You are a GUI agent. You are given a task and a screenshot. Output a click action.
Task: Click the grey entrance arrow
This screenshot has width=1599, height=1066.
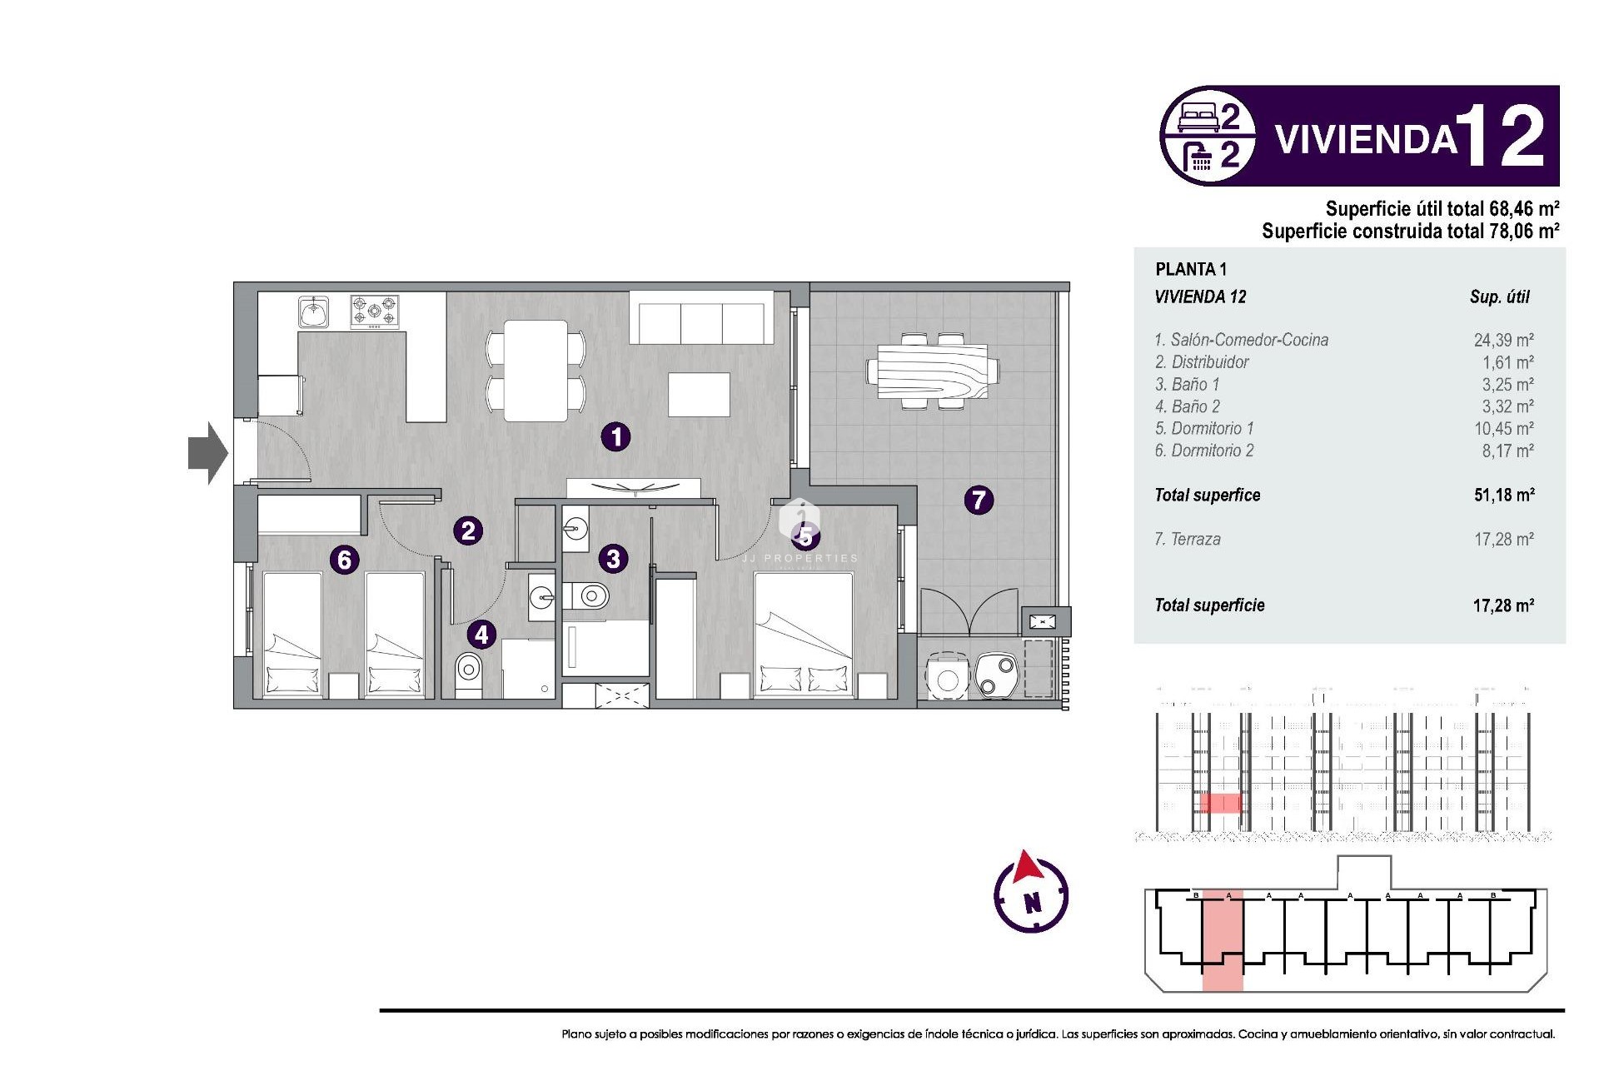click(207, 453)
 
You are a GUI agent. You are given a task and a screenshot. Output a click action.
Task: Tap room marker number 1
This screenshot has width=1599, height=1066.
click(615, 436)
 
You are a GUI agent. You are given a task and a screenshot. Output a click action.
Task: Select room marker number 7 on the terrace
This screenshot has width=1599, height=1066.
click(979, 500)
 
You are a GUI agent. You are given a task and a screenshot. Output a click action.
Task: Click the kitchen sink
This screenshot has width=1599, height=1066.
click(314, 312)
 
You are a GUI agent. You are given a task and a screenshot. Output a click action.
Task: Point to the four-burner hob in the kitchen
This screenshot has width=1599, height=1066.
click(374, 311)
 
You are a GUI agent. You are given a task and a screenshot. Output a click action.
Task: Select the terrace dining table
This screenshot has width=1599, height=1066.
click(933, 371)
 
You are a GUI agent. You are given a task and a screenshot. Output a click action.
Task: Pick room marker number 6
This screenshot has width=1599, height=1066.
click(344, 560)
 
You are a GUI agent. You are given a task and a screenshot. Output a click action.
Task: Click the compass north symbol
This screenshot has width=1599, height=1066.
click(1031, 893)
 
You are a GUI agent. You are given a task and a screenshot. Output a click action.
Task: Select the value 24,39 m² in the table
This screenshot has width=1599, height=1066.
click(1503, 340)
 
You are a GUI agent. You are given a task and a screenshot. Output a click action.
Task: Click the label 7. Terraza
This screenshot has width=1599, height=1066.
click(1188, 539)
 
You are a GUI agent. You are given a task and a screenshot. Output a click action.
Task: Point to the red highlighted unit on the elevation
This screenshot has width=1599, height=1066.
click(1220, 803)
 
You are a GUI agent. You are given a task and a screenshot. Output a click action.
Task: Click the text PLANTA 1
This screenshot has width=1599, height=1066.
click(1191, 269)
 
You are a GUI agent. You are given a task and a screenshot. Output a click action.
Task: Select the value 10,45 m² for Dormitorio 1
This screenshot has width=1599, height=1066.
click(1503, 428)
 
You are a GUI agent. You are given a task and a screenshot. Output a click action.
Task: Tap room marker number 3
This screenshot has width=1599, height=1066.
click(613, 559)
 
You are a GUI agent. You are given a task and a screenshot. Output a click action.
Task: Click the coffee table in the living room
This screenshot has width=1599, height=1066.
click(699, 395)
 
